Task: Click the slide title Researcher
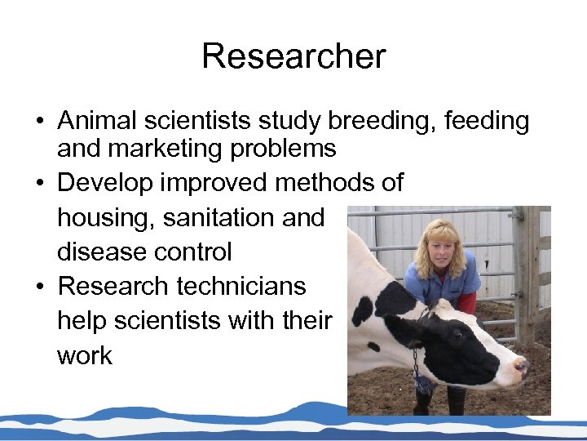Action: (293, 57)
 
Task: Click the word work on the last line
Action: (85, 355)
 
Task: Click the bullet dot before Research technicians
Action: (39, 287)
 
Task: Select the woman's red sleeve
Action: (467, 303)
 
